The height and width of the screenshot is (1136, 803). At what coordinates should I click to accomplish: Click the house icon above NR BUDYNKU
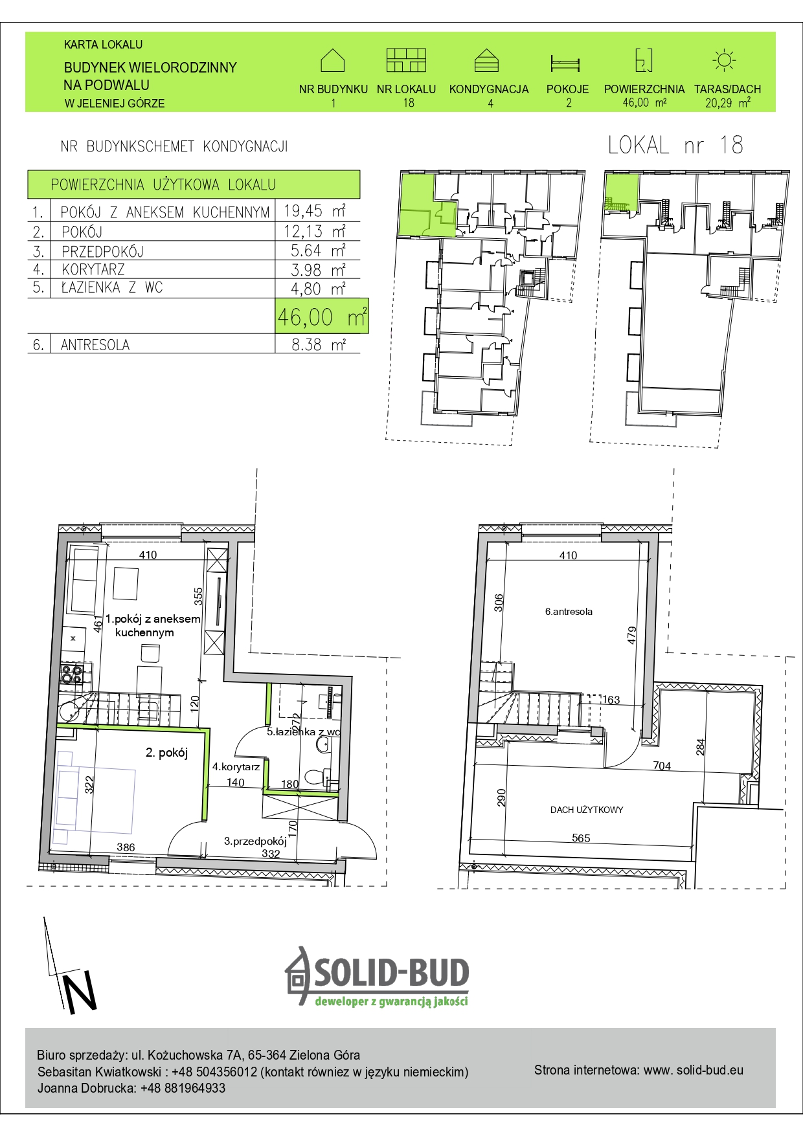(x=332, y=60)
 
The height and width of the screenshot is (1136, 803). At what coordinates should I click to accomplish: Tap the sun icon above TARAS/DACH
(x=724, y=60)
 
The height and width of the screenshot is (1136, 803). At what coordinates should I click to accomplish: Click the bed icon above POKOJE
(x=565, y=63)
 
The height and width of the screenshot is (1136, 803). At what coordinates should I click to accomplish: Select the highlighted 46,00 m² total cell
(x=322, y=316)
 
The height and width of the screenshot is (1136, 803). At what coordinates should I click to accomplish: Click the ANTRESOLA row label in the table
(x=95, y=345)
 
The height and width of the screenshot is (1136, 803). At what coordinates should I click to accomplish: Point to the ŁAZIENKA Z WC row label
(x=112, y=287)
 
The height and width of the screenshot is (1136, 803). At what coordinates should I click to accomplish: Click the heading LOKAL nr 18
(x=675, y=145)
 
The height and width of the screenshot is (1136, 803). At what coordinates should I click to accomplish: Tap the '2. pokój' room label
(x=166, y=752)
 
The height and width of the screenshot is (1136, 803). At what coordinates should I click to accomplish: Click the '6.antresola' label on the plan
(x=569, y=611)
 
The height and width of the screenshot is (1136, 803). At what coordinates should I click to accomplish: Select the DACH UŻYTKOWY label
(x=587, y=810)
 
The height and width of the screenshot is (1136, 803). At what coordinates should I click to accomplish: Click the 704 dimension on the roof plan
(x=662, y=766)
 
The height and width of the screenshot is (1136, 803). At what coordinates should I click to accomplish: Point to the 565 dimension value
(x=581, y=838)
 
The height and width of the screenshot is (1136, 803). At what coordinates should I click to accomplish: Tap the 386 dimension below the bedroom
(x=126, y=847)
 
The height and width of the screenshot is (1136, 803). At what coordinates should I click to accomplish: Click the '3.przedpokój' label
(x=255, y=841)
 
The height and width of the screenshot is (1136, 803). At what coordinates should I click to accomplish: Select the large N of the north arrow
(x=79, y=992)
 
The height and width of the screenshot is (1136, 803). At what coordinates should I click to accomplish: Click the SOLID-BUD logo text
(x=392, y=973)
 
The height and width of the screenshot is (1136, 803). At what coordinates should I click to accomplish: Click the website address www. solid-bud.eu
(x=694, y=1070)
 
